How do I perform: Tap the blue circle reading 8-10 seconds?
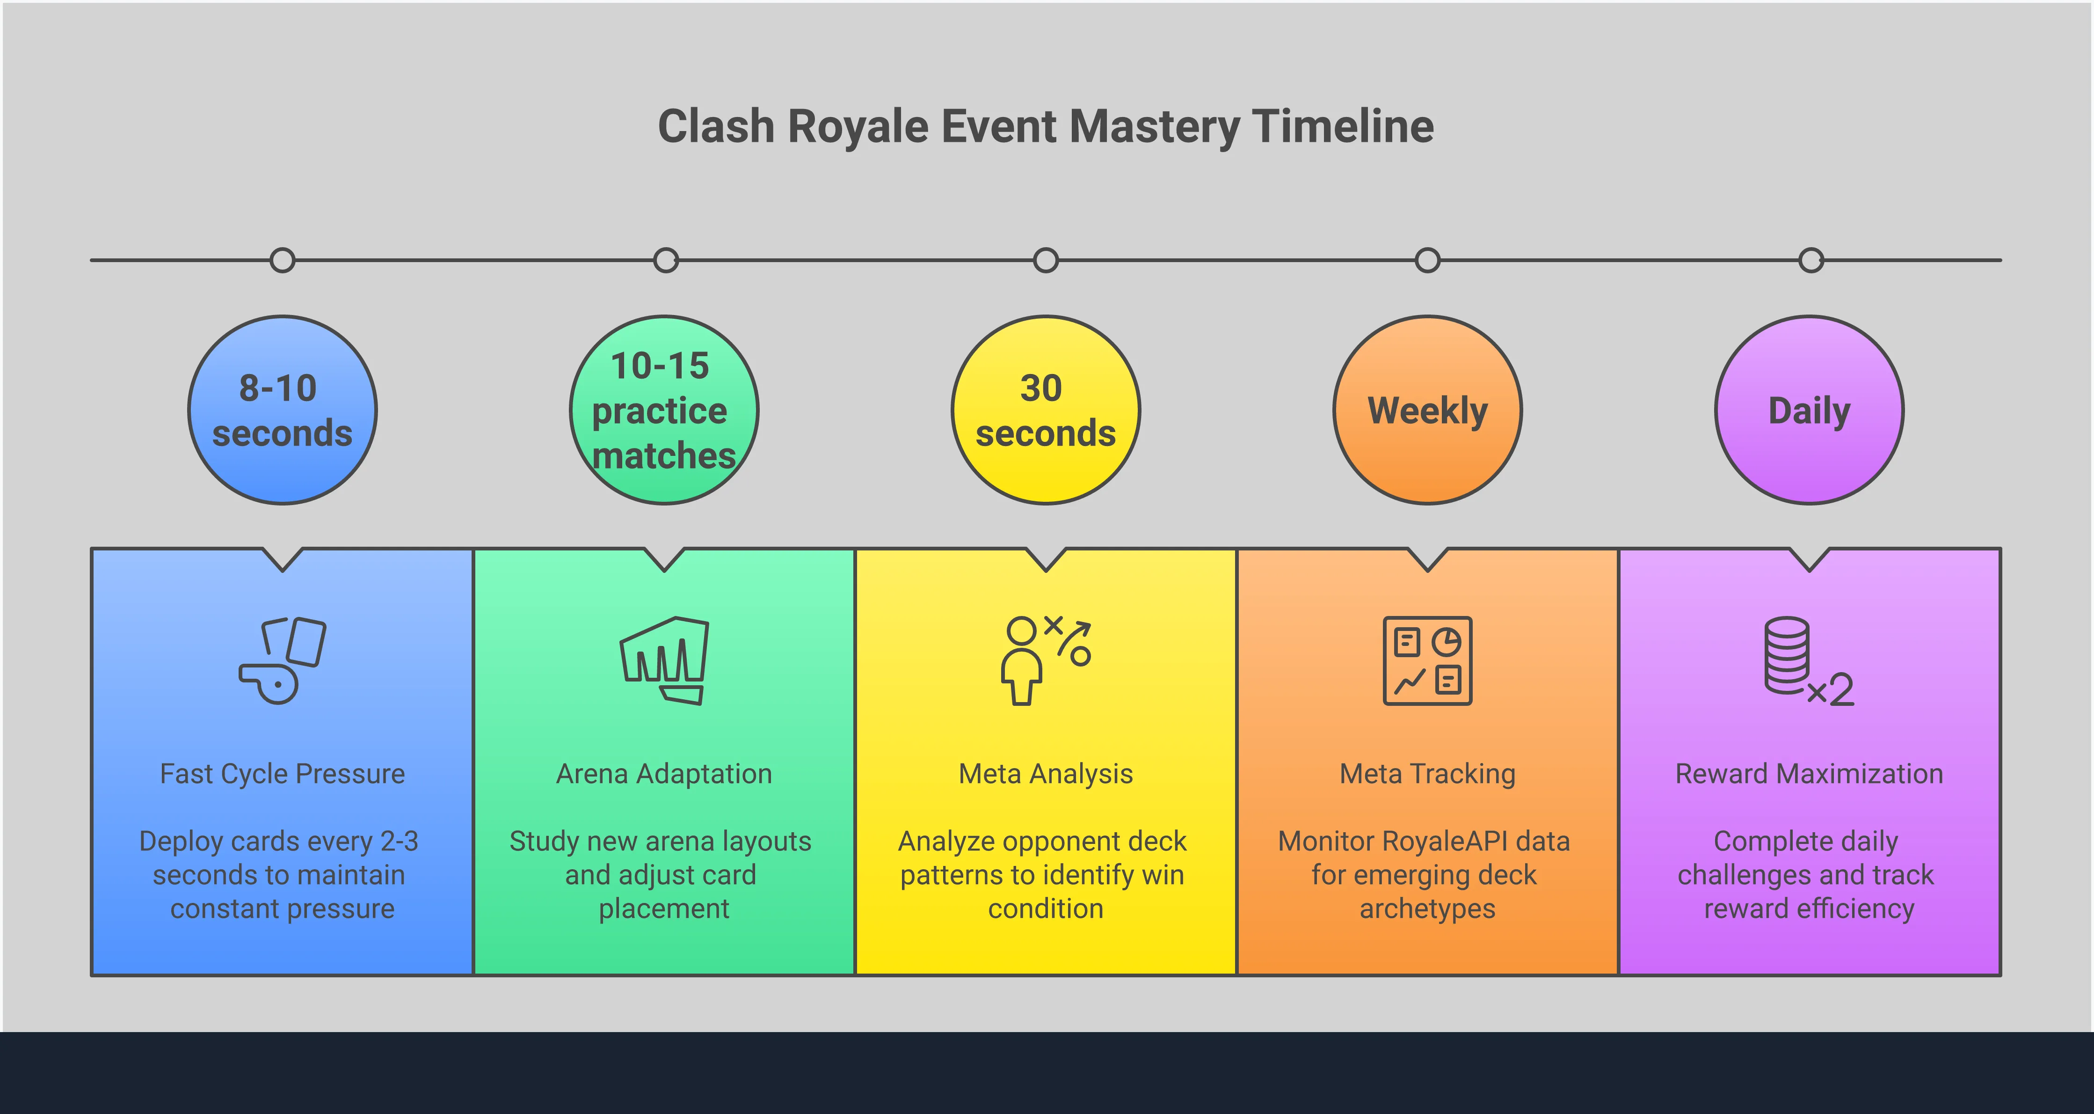tap(282, 410)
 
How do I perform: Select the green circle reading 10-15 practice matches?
tap(664, 410)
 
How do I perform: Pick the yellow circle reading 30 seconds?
tap(1046, 410)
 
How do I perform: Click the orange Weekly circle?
tap(1427, 410)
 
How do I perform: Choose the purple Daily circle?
tap(1810, 410)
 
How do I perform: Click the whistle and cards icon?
tap(282, 660)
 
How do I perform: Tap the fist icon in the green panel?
tap(664, 660)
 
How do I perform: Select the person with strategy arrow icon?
tap(1046, 660)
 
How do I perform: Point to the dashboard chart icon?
tap(1427, 660)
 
